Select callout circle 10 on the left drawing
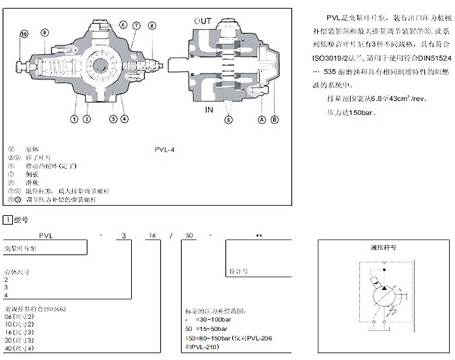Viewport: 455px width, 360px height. click(x=24, y=33)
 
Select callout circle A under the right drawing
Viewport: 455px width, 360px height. click(x=262, y=119)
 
